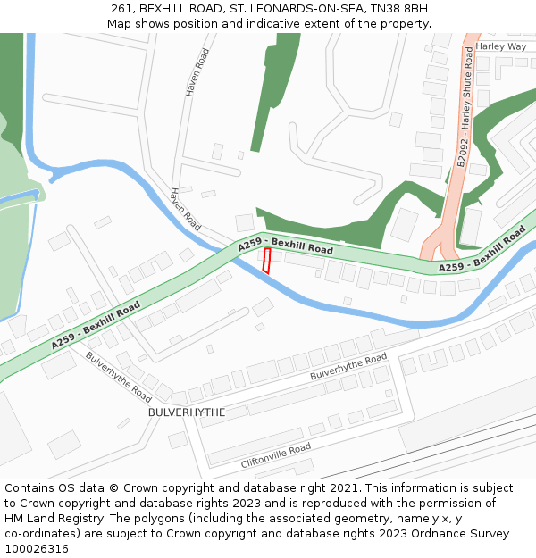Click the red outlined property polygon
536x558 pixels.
(266, 261)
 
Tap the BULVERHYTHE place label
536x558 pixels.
(186, 412)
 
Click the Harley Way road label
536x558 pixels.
(500, 46)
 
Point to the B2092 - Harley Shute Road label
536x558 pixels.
(465, 107)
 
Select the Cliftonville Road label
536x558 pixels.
(275, 455)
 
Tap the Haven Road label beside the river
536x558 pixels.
(186, 210)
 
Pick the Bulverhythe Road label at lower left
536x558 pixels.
(119, 376)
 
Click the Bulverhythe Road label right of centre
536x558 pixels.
(348, 366)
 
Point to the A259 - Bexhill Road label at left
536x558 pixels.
(96, 324)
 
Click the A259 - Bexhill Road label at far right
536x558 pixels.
(482, 250)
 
